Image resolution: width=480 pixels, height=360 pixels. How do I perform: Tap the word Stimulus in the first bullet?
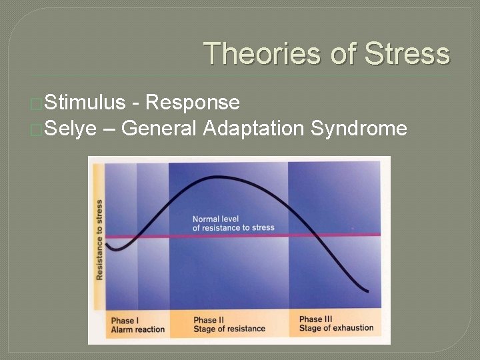point(85,102)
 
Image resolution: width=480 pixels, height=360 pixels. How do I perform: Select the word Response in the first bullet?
point(192,102)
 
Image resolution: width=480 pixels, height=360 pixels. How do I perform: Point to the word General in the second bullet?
point(159,127)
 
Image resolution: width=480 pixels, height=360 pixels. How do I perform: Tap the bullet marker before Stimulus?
point(36,103)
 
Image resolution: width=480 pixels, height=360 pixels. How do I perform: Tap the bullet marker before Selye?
point(36,129)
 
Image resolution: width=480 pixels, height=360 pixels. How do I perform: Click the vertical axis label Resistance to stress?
point(99,239)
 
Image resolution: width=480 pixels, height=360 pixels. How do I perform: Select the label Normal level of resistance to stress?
point(233,223)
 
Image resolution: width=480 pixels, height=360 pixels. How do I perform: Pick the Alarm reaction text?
point(137,329)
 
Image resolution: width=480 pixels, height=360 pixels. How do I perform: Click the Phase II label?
point(210,320)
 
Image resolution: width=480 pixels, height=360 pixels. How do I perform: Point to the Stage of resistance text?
point(229,329)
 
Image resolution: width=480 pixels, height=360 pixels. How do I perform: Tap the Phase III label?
point(316,319)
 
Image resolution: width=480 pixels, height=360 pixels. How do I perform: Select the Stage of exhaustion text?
point(336,328)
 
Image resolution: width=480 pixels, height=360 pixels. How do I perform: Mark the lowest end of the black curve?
point(367,291)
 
